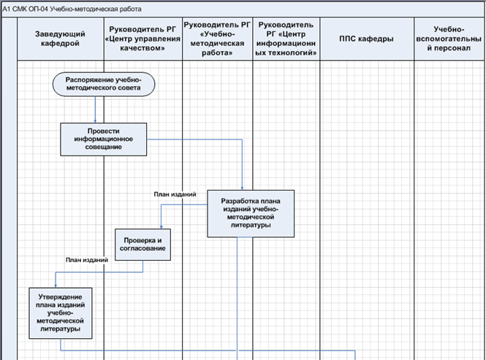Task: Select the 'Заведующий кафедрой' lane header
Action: click(60, 39)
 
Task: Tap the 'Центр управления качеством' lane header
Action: click(143, 39)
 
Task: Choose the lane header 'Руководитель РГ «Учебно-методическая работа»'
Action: click(218, 39)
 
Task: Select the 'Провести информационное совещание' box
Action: click(103, 138)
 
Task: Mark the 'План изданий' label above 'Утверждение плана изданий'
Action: click(86, 260)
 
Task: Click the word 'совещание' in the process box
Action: click(103, 146)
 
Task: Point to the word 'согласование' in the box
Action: click(143, 249)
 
